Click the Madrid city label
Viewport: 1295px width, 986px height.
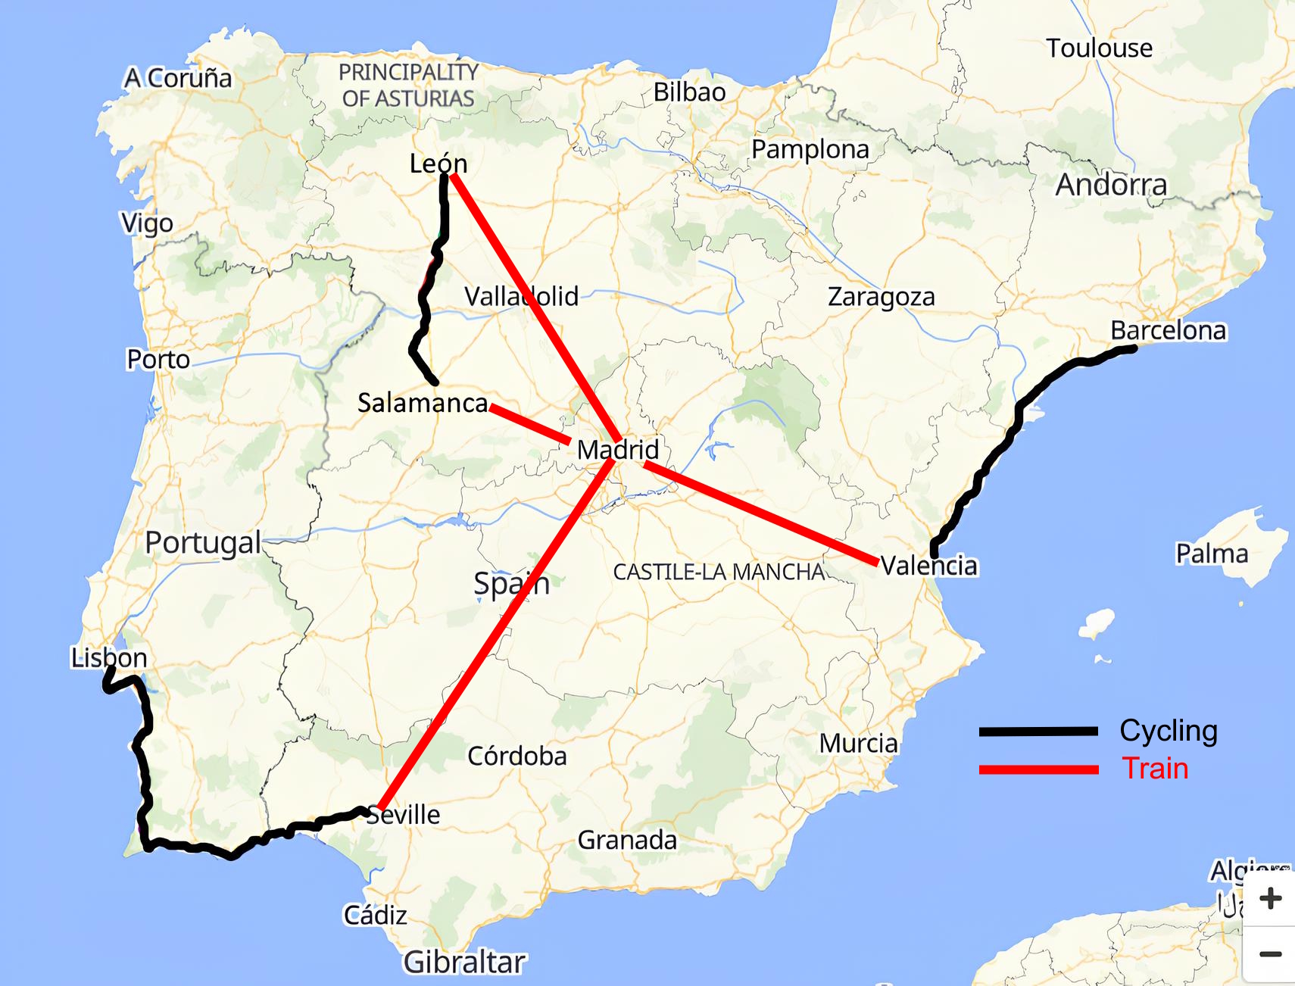pyautogui.click(x=617, y=449)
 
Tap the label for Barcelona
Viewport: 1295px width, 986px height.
pyautogui.click(x=1168, y=330)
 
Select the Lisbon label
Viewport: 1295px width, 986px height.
pyautogui.click(x=109, y=657)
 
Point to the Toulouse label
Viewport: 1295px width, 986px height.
pyautogui.click(x=1099, y=48)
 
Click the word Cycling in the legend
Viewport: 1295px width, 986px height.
pyautogui.click(x=1168, y=731)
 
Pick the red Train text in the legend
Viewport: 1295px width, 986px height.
pyautogui.click(x=1155, y=769)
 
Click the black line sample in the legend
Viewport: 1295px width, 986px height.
pyautogui.click(x=1038, y=731)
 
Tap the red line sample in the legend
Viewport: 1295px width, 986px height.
pyautogui.click(x=1038, y=769)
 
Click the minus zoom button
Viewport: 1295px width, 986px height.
pyautogui.click(x=1271, y=954)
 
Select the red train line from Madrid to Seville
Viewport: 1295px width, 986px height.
pyautogui.click(x=492, y=636)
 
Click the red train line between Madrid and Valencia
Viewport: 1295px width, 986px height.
pyautogui.click(x=757, y=512)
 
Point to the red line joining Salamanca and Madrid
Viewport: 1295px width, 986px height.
pyautogui.click(x=530, y=425)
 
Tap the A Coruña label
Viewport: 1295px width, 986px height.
pyautogui.click(x=178, y=77)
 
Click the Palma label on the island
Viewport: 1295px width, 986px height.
pyautogui.click(x=1211, y=554)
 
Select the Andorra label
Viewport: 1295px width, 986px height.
pyautogui.click(x=1111, y=185)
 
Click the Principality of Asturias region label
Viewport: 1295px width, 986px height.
pyautogui.click(x=408, y=85)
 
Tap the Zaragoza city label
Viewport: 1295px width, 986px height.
pyautogui.click(x=881, y=297)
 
